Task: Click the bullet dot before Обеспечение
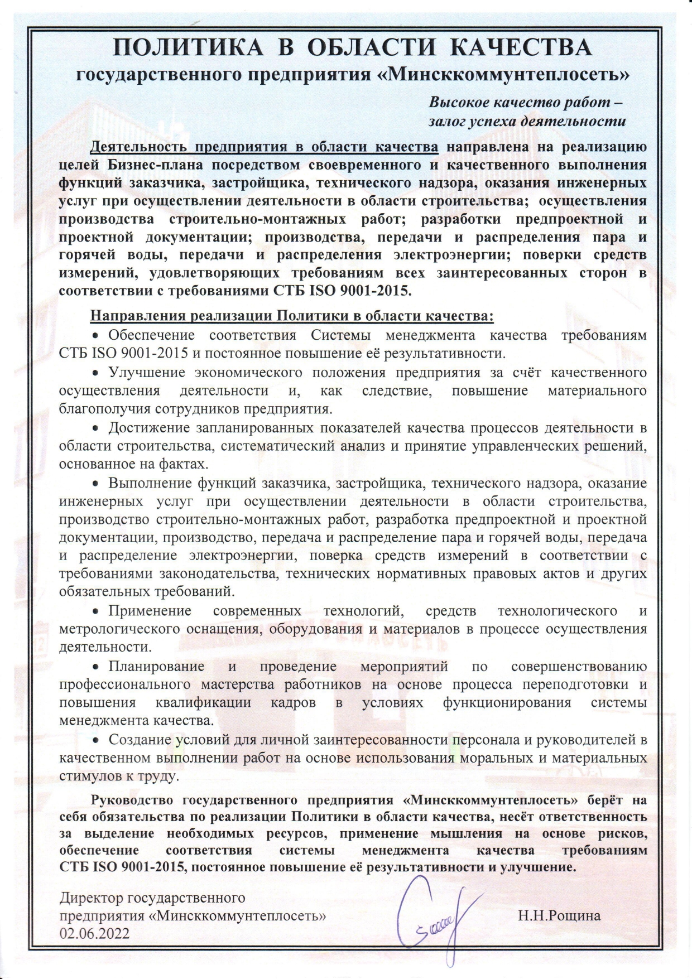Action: tap(95, 336)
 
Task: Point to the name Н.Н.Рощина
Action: tap(559, 915)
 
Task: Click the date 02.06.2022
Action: tap(94, 933)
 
